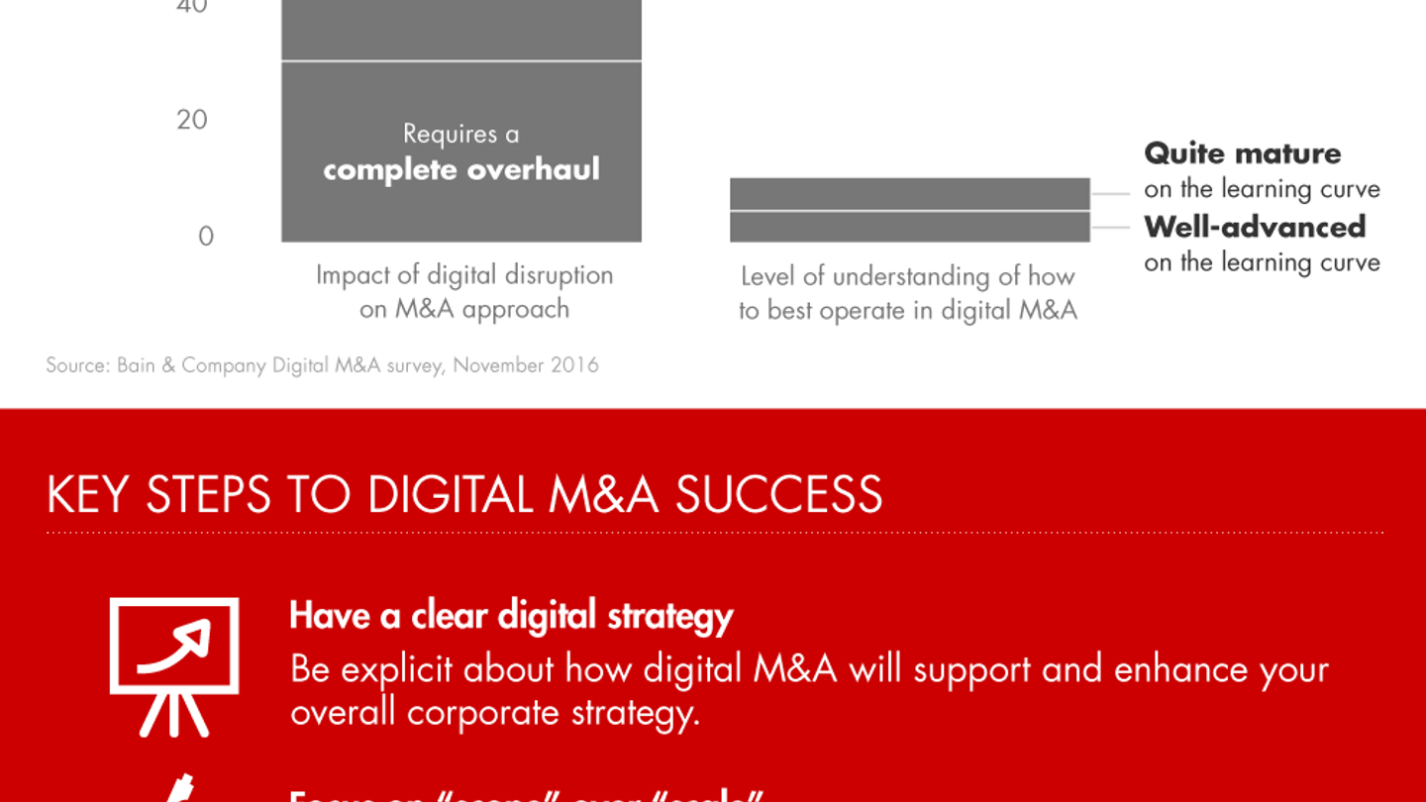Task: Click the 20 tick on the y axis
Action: point(192,120)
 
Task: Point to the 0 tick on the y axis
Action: point(205,237)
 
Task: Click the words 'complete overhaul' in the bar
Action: point(461,169)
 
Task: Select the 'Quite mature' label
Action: point(1242,153)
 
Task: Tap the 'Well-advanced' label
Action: point(1254,227)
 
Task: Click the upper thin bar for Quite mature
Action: point(909,194)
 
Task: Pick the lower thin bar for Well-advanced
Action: point(909,227)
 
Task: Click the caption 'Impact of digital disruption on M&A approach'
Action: point(463,291)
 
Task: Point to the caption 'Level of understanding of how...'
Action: point(907,293)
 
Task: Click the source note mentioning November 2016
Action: point(322,365)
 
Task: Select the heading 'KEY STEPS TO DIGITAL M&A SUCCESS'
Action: point(463,495)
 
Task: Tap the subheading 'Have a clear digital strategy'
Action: point(510,616)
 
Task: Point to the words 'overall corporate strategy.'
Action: point(494,713)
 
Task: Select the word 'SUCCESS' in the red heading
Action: point(778,495)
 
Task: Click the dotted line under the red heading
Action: point(713,533)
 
